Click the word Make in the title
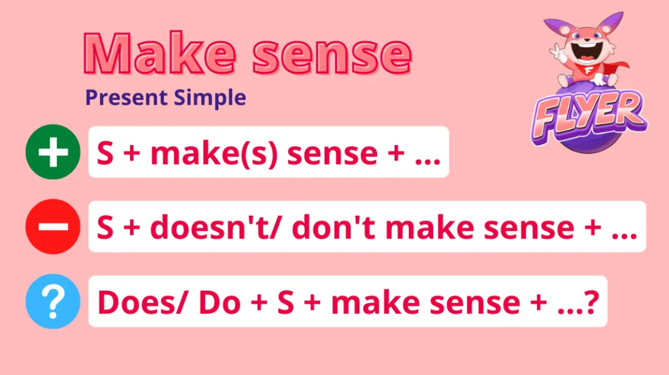click(159, 54)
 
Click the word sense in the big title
click(333, 56)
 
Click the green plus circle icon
click(53, 152)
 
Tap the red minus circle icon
click(53, 227)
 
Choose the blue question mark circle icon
click(53, 301)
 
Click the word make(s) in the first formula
click(214, 154)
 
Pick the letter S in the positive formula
click(105, 153)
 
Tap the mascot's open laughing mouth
click(587, 52)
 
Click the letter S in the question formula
click(286, 302)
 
